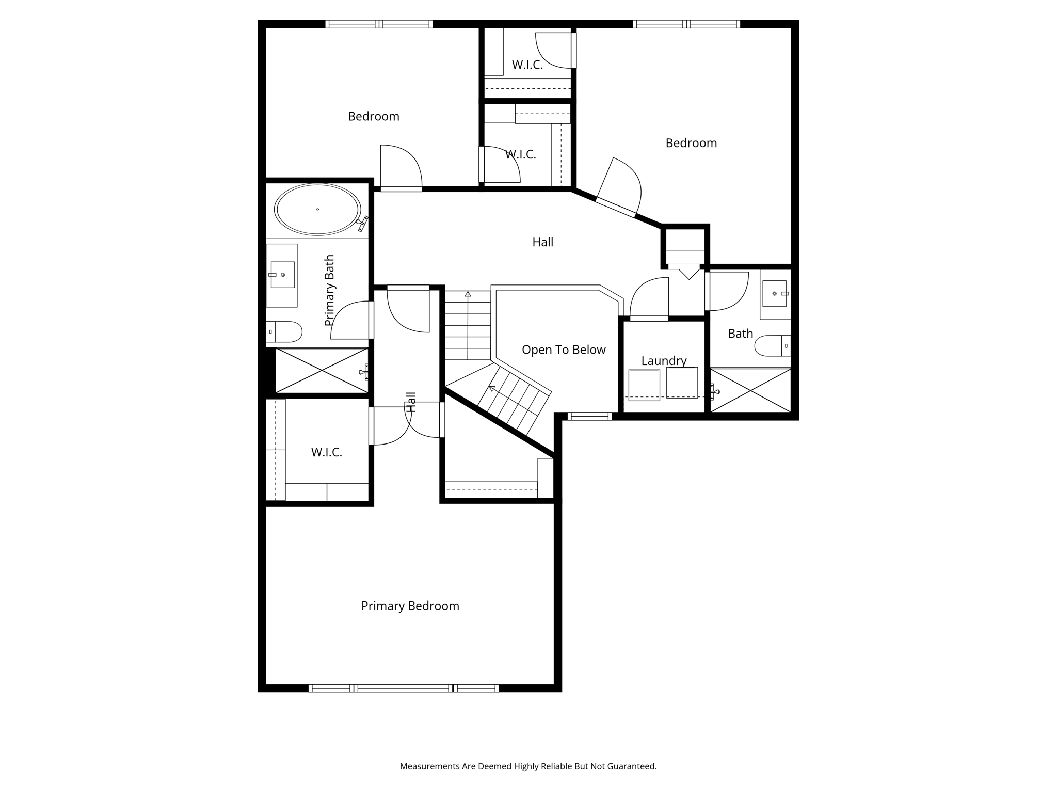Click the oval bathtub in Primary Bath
(x=317, y=210)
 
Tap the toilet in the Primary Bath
(x=284, y=332)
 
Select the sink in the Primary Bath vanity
(x=282, y=275)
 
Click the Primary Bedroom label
(x=410, y=606)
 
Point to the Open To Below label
(x=564, y=350)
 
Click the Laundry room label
(x=664, y=360)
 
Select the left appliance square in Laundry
(x=644, y=385)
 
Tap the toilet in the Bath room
(x=772, y=345)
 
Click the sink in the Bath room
(x=775, y=294)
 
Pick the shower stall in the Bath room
(x=750, y=390)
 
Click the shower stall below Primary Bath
(x=322, y=370)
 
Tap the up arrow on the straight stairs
(x=468, y=294)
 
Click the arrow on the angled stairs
(x=492, y=388)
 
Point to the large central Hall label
(x=542, y=242)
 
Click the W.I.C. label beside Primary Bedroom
(x=326, y=452)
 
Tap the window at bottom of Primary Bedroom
(x=404, y=688)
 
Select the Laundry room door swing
(x=649, y=298)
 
